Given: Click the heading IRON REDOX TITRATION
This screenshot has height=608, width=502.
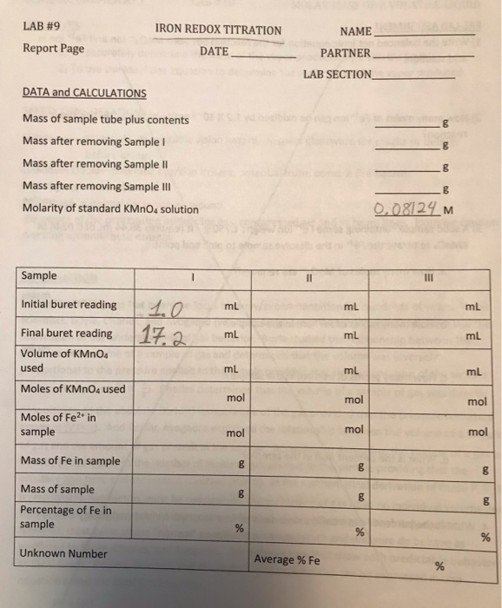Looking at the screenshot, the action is [x=218, y=30].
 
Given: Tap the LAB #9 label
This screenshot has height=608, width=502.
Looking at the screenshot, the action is [x=39, y=26].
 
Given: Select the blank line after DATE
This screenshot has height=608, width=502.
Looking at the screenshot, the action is [x=263, y=55].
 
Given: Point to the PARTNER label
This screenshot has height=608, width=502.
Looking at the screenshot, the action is [x=345, y=53].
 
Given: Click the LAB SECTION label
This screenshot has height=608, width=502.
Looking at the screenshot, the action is [x=337, y=75].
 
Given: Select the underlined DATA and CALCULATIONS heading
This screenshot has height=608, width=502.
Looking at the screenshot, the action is [x=84, y=93].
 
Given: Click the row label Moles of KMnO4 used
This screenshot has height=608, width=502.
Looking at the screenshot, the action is [x=73, y=388].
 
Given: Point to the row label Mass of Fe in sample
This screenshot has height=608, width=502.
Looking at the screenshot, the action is [x=70, y=460].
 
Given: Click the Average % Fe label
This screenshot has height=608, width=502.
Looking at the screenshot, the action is [x=287, y=559].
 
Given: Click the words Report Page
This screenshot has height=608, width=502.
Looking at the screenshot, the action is [x=54, y=49].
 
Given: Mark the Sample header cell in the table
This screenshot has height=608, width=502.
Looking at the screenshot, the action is [x=39, y=276].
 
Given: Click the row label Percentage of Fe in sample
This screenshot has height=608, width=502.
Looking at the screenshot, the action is [x=66, y=517].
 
